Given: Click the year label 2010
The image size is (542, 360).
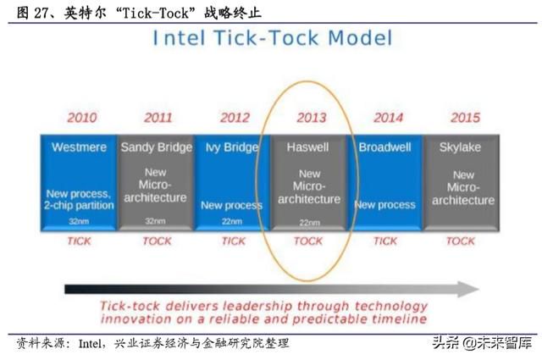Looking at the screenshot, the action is coord(82,118).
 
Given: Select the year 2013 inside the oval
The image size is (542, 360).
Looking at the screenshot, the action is coord(312,118).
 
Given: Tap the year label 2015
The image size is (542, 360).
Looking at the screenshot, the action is coord(465,118).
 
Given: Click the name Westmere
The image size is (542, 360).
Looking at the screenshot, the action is coord(79,147).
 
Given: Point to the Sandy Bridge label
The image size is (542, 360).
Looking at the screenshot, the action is coord(156,147).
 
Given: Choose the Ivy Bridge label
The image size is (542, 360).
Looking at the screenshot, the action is coord(231,147).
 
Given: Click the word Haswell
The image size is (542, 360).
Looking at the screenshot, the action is coord(307,147).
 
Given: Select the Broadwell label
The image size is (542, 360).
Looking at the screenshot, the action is coord(384,147).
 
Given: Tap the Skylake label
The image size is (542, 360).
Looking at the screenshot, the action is coord(460,147).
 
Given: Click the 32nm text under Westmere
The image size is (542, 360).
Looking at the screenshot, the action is coord(79,221).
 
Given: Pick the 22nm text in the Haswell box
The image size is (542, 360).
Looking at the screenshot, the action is coord(309,223).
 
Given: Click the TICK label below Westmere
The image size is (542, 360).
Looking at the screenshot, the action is coord(79,241).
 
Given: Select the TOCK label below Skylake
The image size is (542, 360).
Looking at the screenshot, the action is coord(461,241).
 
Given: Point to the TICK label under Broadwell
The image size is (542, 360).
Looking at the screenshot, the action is coord(385,241).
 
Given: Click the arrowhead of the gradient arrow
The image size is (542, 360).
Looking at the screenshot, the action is coord(468,289).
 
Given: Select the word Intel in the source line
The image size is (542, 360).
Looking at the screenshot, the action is coord(90,343).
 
